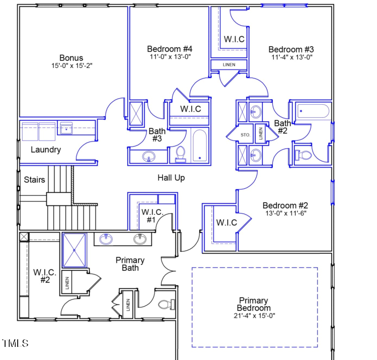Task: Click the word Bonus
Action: [x=71, y=58]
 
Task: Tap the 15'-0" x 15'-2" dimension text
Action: [x=71, y=66]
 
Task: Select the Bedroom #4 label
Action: [x=170, y=49]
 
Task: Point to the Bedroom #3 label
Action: [x=291, y=49]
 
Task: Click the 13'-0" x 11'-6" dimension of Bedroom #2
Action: [x=285, y=213]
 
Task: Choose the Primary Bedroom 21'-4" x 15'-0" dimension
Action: [x=254, y=316]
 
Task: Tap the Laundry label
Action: [x=46, y=150]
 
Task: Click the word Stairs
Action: [x=34, y=180]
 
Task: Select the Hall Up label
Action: [x=171, y=178]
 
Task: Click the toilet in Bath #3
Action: [x=180, y=154]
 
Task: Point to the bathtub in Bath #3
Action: [x=200, y=146]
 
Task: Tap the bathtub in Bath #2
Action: [x=313, y=111]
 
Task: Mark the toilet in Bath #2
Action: [x=303, y=155]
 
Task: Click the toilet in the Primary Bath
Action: [x=166, y=304]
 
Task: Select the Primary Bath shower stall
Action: [x=74, y=250]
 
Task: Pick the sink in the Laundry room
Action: [x=66, y=129]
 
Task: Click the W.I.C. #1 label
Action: [x=152, y=215]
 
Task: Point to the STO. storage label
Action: [x=246, y=135]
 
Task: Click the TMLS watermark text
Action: [x=15, y=343]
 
